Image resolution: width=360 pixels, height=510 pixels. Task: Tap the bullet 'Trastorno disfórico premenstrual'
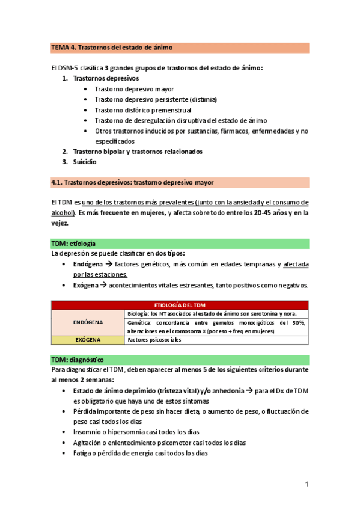point(143,110)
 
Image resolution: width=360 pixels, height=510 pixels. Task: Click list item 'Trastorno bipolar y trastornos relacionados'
point(138,151)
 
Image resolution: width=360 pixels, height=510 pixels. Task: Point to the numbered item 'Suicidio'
point(84,161)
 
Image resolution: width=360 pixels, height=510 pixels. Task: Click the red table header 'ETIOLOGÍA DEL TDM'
point(180,306)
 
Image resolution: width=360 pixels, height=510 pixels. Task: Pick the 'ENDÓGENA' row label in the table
point(88,322)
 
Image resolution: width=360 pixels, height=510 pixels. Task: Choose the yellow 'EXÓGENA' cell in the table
point(88,340)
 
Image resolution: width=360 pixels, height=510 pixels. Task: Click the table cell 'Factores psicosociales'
point(154,340)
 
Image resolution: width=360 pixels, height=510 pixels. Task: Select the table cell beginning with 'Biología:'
point(216,314)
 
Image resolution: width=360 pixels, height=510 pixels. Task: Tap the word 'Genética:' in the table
point(141,323)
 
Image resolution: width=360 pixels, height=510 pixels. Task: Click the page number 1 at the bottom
point(306,484)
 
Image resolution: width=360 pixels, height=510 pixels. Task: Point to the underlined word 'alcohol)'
point(63,212)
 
